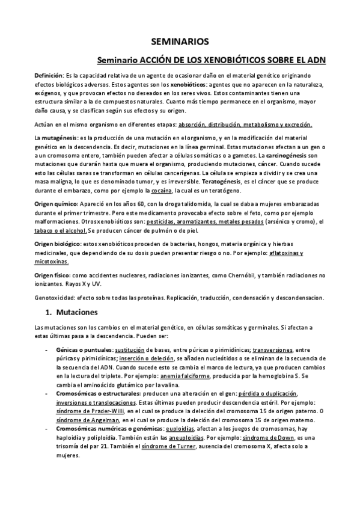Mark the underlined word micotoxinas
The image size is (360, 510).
(x=51, y=262)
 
